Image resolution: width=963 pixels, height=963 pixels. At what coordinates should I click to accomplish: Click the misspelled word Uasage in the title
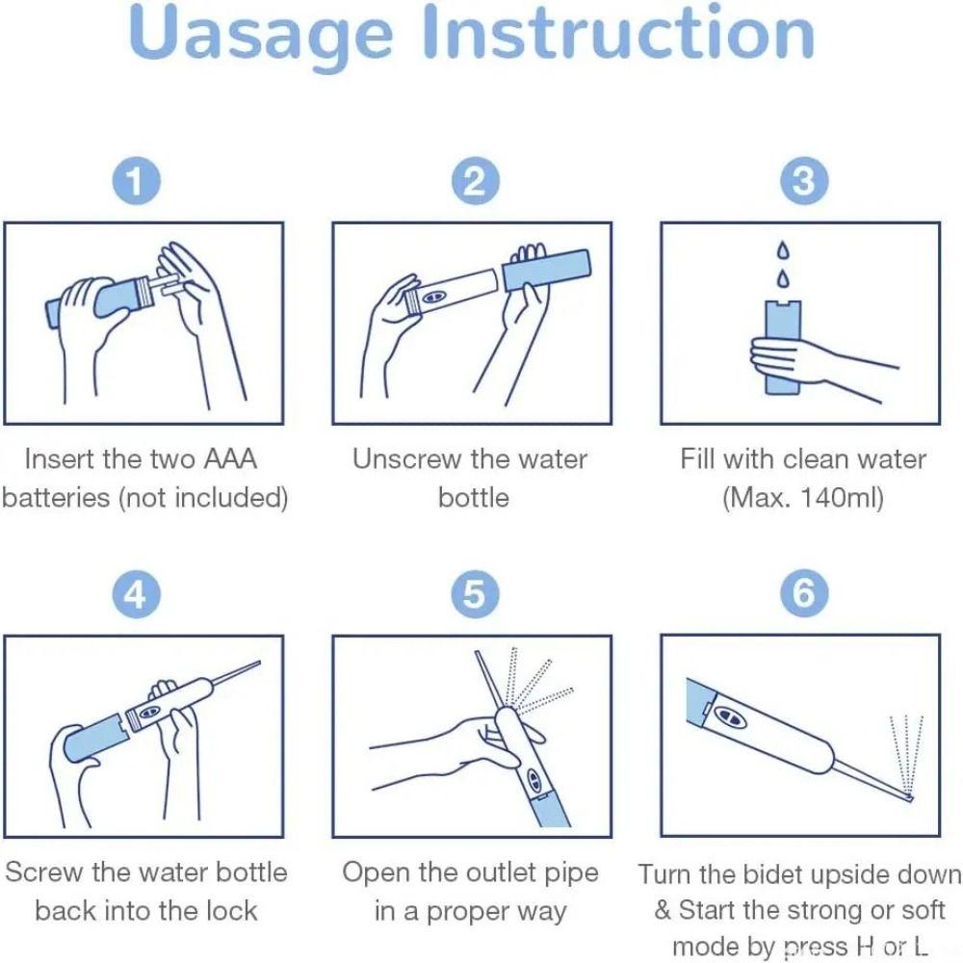tap(261, 36)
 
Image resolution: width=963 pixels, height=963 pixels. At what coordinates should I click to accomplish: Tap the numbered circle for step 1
tap(136, 181)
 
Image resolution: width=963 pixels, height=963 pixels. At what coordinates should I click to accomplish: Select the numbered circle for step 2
tap(475, 181)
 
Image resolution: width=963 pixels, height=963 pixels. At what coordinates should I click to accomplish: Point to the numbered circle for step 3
tap(803, 181)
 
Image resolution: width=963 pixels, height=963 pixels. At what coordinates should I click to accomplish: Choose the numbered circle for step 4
tap(136, 595)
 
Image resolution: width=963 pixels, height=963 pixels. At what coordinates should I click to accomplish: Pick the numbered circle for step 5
tap(475, 595)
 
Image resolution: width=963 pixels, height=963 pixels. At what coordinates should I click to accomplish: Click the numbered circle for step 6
tap(803, 595)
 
